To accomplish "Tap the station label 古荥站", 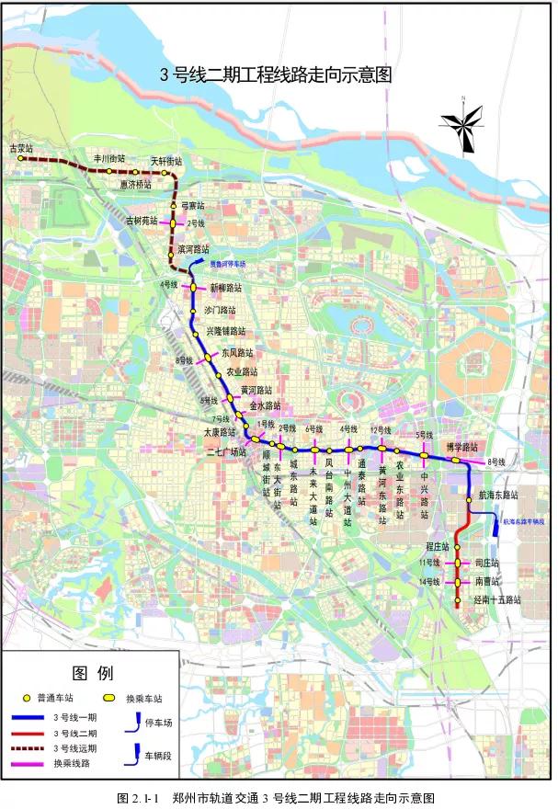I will (x=20, y=147).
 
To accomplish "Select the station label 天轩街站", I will (x=166, y=160).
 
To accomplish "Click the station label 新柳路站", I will (x=226, y=288).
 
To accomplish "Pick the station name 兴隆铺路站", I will (x=225, y=331).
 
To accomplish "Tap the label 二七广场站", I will (x=226, y=452).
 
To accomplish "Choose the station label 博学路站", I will (x=463, y=447).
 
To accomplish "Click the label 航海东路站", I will (x=499, y=495).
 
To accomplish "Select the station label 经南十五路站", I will (x=496, y=599).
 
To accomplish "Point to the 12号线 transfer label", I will (x=381, y=430).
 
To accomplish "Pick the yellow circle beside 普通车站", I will (x=28, y=697).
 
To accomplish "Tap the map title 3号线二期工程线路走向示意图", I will (x=276, y=74).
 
